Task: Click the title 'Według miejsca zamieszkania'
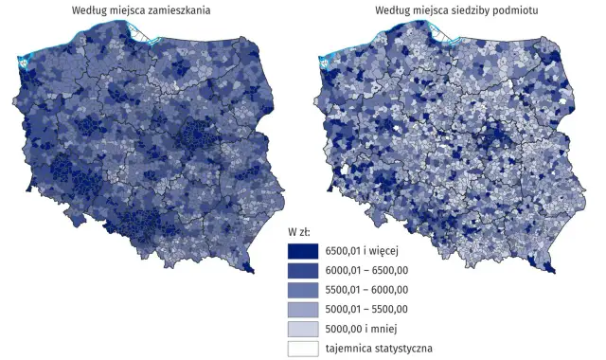pyautogui.click(x=141, y=9)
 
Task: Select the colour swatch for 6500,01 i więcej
pyautogui.click(x=303, y=251)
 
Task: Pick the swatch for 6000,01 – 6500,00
pyautogui.click(x=303, y=270)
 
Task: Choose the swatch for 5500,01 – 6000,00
pyautogui.click(x=303, y=289)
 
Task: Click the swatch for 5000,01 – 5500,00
pyautogui.click(x=303, y=309)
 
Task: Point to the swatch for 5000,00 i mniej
pyautogui.click(x=303, y=328)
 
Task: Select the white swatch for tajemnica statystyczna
pyautogui.click(x=303, y=348)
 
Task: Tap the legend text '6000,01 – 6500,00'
pyautogui.click(x=365, y=270)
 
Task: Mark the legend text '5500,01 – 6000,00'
pyautogui.click(x=365, y=289)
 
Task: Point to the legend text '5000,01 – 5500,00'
pyautogui.click(x=365, y=309)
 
